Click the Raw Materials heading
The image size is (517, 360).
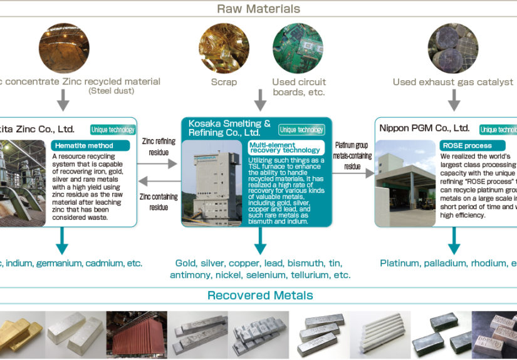pos(258,9)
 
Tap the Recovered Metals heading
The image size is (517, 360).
pos(260,296)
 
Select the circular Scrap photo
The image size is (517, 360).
pos(224,48)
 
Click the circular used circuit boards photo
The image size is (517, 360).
pos(298,48)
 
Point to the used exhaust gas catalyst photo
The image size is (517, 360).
pos(453,48)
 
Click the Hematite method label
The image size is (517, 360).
pos(90,145)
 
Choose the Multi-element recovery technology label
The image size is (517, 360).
pos(285,147)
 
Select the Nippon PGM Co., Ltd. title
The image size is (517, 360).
pos(424,128)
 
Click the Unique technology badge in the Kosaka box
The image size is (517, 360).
pos(301,130)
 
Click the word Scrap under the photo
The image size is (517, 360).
pos(224,82)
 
